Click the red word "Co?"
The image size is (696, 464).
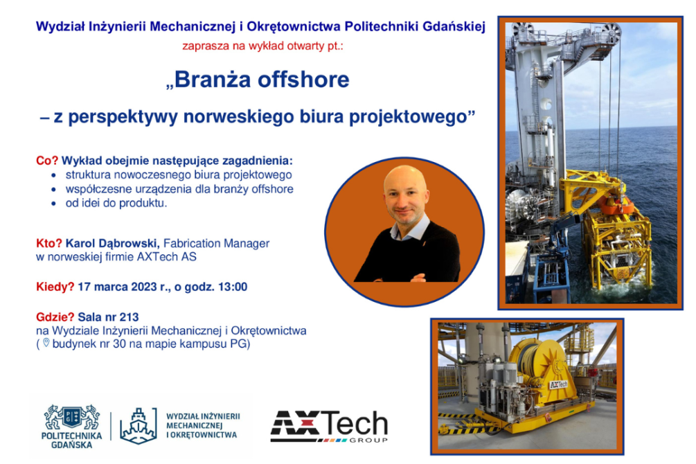[47, 160]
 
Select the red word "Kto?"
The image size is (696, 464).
[49, 243]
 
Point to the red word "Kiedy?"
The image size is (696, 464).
[55, 287]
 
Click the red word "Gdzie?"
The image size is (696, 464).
[55, 317]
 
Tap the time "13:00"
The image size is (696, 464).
[233, 287]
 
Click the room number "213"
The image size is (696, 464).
[130, 317]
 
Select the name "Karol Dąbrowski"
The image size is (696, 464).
[112, 243]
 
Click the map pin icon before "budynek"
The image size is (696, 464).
[46, 343]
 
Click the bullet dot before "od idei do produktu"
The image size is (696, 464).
[54, 204]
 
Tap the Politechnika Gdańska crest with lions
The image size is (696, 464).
[72, 416]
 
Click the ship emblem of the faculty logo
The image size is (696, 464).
[139, 425]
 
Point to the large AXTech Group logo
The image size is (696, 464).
[329, 427]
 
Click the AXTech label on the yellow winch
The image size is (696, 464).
[558, 384]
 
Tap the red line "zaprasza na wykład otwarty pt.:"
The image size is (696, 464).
[262, 46]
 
